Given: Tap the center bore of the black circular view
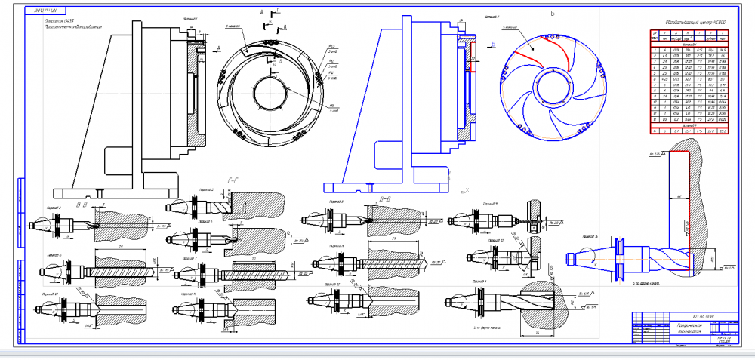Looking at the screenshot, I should tap(268, 96).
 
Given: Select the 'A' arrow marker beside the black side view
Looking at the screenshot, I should tap(217, 48).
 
